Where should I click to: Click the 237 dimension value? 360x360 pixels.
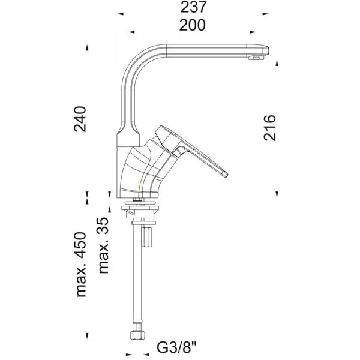(x=193, y=7)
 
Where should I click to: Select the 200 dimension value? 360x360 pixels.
(x=193, y=25)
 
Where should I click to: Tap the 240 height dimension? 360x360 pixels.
(x=80, y=119)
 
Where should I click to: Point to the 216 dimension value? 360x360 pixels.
(x=269, y=128)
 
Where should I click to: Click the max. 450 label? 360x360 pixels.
(x=81, y=265)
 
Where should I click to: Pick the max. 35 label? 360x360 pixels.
(x=103, y=245)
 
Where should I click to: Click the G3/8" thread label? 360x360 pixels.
(x=177, y=347)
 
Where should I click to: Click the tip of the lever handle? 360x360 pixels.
(x=226, y=174)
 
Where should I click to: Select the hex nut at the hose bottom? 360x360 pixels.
(x=137, y=335)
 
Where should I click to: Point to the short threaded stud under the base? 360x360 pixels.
(x=146, y=237)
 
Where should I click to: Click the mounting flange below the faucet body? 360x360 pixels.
(x=140, y=209)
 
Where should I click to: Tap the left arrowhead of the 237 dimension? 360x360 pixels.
(x=121, y=14)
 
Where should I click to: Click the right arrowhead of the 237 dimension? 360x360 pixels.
(x=266, y=14)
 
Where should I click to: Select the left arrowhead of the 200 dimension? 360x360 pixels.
(x=131, y=32)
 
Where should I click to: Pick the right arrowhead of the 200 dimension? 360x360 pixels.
(x=253, y=32)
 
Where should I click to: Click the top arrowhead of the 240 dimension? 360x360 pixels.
(x=87, y=48)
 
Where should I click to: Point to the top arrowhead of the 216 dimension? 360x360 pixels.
(x=277, y=63)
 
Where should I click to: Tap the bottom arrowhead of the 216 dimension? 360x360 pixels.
(x=277, y=194)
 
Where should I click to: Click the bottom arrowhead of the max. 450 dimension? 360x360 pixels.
(x=87, y=336)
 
